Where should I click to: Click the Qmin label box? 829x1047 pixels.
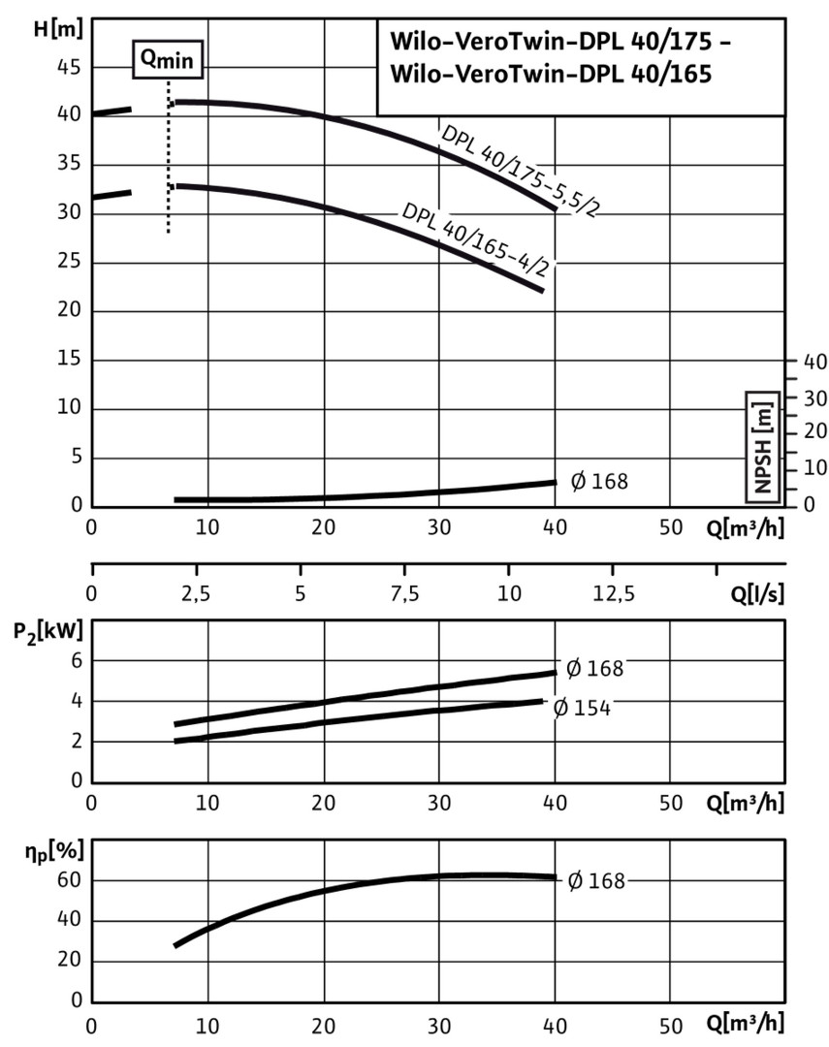[169, 59]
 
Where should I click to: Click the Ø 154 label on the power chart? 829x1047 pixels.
[581, 708]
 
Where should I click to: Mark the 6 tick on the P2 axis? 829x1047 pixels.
[78, 660]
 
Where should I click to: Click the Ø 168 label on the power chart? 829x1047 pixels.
[594, 668]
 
